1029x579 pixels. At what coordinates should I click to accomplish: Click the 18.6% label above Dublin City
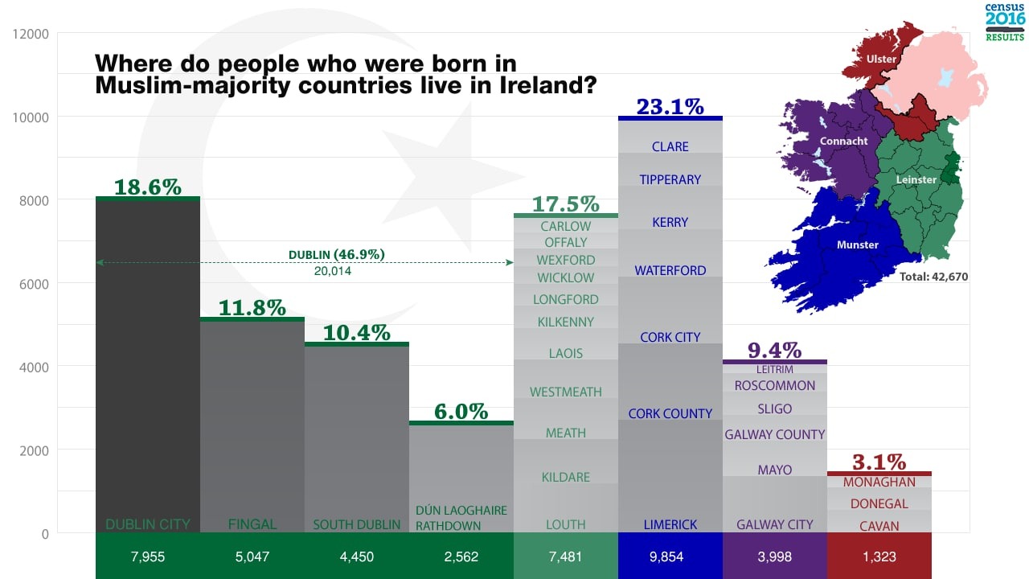point(147,187)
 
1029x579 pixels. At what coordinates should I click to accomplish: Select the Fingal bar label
point(252,524)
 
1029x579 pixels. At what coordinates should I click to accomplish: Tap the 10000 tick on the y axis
point(29,117)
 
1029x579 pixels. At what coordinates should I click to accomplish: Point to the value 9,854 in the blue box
point(670,556)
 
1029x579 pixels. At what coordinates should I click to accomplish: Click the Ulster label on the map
point(880,59)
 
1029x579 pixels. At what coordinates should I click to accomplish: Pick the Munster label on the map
point(858,244)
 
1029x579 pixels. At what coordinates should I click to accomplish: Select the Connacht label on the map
point(843,141)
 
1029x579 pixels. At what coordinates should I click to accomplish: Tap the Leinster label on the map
point(917,179)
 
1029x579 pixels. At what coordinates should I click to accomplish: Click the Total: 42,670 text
point(933,277)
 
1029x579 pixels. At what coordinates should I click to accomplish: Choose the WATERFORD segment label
point(670,270)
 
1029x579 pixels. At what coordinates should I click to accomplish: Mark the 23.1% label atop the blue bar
point(670,106)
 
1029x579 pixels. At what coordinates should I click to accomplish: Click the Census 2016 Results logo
point(1005,22)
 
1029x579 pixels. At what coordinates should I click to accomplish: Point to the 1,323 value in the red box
point(879,556)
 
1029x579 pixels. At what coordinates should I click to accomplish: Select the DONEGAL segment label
point(879,503)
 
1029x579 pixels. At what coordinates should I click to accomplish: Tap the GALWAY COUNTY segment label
point(775,434)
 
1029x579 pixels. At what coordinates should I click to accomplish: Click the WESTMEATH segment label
point(566,392)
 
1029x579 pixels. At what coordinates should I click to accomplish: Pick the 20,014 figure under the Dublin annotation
point(333,271)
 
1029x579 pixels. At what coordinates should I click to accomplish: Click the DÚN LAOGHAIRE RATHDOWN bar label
point(461,518)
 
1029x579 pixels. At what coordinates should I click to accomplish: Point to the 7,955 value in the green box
point(147,556)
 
